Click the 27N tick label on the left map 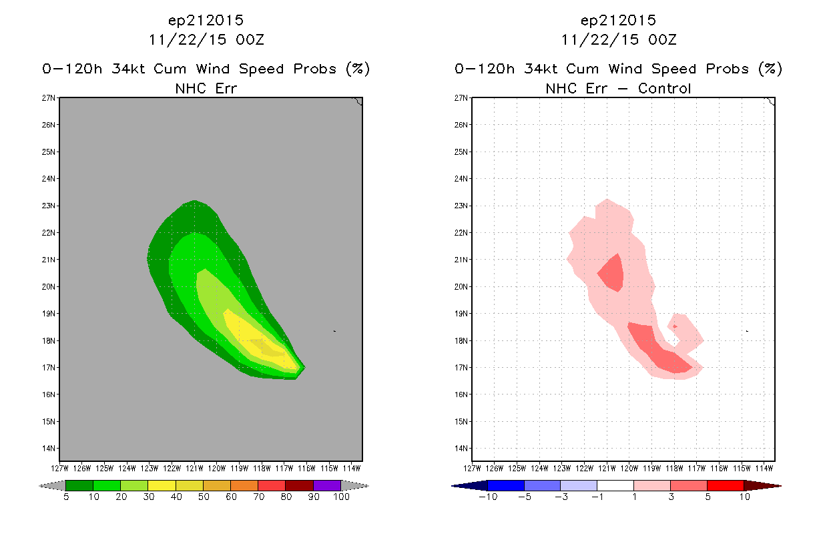click(x=48, y=98)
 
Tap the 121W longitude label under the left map click(x=194, y=469)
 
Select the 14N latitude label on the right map click(x=461, y=449)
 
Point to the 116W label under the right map click(x=719, y=469)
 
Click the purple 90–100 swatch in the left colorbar click(x=327, y=485)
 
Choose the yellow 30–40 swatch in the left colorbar click(x=162, y=485)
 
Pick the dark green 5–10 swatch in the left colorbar click(x=79, y=485)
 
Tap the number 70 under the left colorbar click(x=258, y=497)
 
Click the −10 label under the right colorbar click(x=488, y=497)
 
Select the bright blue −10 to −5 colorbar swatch click(x=506, y=485)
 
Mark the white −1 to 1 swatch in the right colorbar click(x=615, y=485)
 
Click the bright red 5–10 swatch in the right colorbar click(x=725, y=485)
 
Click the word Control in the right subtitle click(x=664, y=89)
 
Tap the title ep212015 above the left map click(x=206, y=21)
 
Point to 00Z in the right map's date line click(x=662, y=40)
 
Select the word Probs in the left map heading click(x=315, y=69)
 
